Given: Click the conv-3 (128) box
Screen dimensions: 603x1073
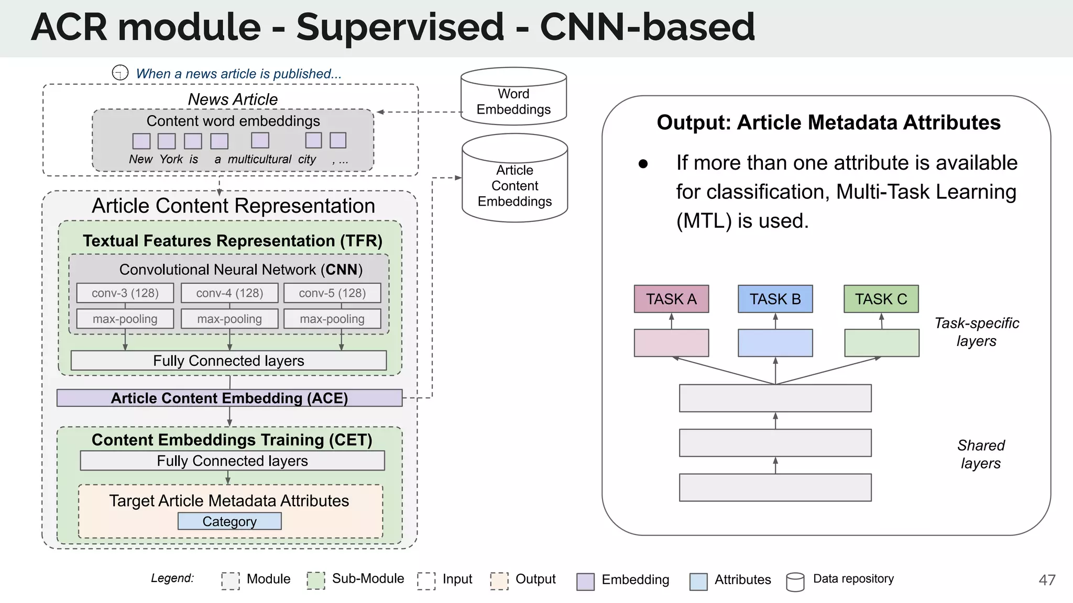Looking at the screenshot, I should pos(125,293).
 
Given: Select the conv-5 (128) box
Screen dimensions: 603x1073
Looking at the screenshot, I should pos(332,293).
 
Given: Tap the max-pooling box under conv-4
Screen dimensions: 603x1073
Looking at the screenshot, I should pos(229,319).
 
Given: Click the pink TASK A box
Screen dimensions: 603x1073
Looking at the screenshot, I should pos(671,299).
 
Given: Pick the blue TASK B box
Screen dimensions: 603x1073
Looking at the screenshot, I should pos(775,299).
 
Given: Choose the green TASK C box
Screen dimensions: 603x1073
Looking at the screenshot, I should pos(881,299).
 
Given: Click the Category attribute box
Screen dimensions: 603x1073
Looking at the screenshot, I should pos(229,521).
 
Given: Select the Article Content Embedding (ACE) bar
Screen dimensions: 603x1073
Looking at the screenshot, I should pos(229,398).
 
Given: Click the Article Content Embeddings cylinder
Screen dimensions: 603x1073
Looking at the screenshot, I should pos(514,181).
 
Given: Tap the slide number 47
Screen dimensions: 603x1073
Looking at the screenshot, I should pos(1047,580).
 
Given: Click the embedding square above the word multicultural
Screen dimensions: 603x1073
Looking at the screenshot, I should pos(260,140).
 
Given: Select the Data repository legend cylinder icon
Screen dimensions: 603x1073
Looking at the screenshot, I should pos(795,582).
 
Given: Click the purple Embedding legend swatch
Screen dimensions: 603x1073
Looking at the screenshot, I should pos(585,581).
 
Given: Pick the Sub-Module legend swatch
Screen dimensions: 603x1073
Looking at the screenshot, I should pos(315,580).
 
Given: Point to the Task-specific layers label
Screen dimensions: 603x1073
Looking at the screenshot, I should pos(977,332).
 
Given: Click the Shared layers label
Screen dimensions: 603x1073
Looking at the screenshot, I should pos(981,454).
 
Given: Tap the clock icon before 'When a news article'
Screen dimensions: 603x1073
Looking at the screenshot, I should pos(120,73).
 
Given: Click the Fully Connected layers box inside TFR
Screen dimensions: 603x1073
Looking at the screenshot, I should pos(228,361).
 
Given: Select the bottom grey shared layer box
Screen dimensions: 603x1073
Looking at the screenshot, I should pos(775,487).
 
